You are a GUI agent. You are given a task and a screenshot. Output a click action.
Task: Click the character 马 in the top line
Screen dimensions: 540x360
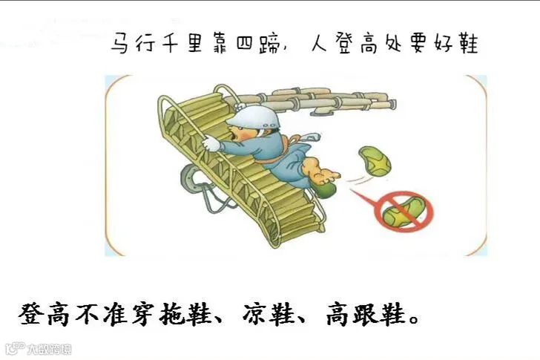[x=120, y=43]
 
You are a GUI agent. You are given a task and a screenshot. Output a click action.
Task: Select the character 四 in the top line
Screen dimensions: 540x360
[x=245, y=44]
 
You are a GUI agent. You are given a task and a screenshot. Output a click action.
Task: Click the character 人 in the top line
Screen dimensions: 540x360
[x=319, y=43]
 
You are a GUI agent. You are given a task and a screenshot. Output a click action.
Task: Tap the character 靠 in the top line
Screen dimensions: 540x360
[x=220, y=43]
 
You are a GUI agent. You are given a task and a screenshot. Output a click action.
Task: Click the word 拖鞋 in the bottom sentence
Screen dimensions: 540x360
[x=186, y=314]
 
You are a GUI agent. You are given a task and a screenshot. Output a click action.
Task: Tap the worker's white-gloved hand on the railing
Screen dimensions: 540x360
[x=211, y=143]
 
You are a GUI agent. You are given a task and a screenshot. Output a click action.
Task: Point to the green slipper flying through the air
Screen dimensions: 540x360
[x=375, y=161]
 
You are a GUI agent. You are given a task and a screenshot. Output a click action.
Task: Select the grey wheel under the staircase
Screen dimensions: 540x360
[x=191, y=178]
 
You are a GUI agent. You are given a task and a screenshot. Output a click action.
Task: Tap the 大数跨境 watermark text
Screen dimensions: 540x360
[x=49, y=349]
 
